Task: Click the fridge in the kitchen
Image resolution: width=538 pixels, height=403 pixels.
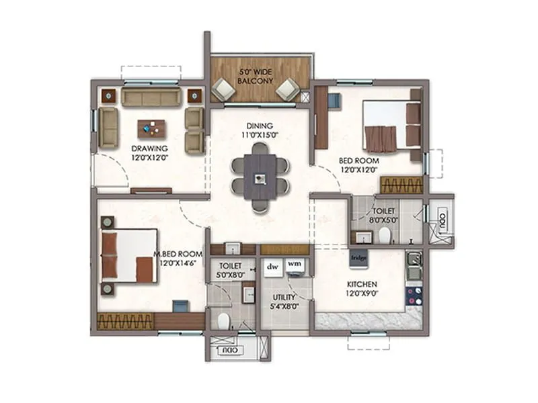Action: [356, 256]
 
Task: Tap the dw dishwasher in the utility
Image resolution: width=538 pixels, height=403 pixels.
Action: [272, 266]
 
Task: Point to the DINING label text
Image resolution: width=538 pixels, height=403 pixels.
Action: [259, 126]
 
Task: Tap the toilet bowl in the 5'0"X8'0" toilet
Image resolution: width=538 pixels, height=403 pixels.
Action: [223, 318]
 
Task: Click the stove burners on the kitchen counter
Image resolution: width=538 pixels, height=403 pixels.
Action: [412, 296]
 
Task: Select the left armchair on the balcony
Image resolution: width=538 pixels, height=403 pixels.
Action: [223, 89]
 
